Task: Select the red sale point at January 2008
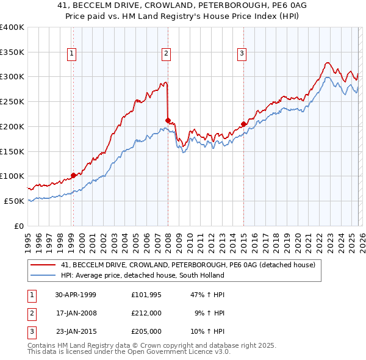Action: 168,120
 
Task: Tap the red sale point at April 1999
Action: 73,175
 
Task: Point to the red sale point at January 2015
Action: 243,124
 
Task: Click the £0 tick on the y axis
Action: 18,226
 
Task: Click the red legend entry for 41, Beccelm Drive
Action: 188,265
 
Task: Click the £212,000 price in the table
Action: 146,313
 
